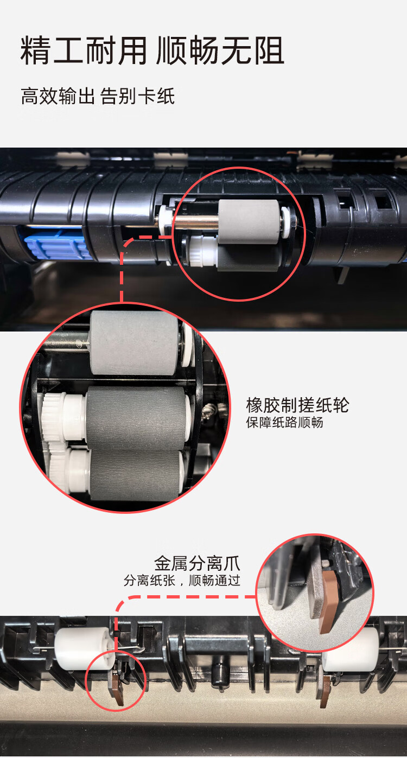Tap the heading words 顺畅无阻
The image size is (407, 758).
[x=220, y=52]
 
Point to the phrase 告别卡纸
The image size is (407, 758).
[x=137, y=97]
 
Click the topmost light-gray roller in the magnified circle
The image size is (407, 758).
[x=134, y=342]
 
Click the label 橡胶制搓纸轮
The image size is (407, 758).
[x=297, y=405]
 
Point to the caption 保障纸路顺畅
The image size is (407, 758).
[x=284, y=423]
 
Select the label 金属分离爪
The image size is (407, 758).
[x=197, y=562]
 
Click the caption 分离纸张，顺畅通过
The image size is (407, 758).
[x=182, y=581]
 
